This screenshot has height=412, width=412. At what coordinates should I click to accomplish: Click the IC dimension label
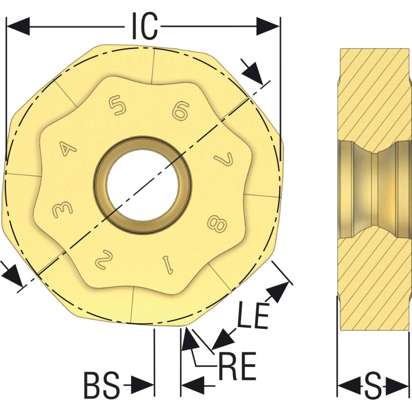click(144, 26)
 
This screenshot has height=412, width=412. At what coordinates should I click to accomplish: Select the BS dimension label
click(102, 385)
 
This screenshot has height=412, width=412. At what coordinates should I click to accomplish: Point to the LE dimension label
click(253, 315)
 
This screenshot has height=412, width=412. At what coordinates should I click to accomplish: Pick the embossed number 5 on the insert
click(118, 105)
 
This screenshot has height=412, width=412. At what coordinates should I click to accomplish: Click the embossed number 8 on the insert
click(217, 223)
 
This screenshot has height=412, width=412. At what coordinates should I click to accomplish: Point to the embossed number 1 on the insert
click(168, 265)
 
